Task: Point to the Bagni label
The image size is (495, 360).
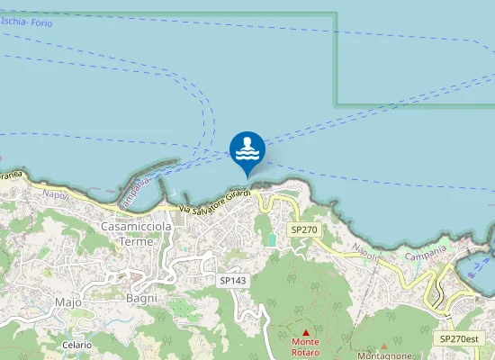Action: [142, 297]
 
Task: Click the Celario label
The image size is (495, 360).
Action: [76, 345]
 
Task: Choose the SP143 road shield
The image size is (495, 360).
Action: [232, 281]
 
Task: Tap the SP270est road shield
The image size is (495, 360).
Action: [460, 338]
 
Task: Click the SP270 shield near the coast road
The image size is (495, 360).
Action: [304, 230]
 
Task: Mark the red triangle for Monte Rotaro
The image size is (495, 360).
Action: [305, 332]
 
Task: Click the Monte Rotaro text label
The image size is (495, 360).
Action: [305, 347]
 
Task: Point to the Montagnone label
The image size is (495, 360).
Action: [384, 355]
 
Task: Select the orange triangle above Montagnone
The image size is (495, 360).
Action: [384, 346]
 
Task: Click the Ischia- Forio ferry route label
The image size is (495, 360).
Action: [27, 22]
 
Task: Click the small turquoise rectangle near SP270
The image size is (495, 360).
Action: [271, 240]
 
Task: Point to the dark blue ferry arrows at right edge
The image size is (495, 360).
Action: [481, 257]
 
